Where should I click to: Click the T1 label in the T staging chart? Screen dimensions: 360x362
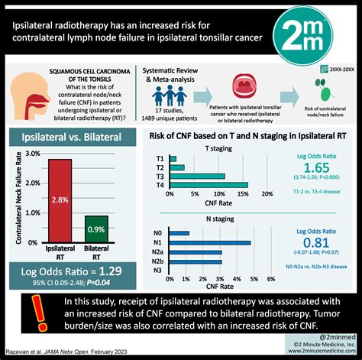pyautogui.click(x=160, y=158)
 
